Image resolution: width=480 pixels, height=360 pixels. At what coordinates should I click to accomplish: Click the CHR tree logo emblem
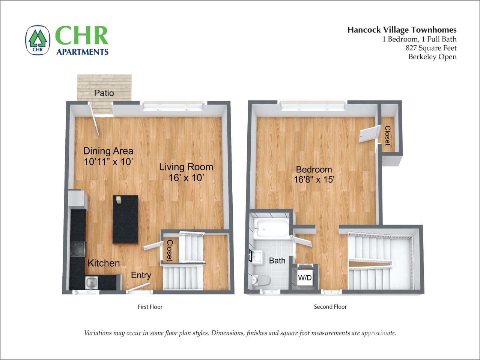(x=38, y=40)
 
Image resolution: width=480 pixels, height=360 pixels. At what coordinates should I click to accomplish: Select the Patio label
(x=104, y=93)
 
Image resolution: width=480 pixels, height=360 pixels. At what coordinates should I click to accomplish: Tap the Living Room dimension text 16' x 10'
(x=186, y=178)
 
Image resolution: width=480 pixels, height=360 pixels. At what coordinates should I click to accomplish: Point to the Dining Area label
(x=108, y=151)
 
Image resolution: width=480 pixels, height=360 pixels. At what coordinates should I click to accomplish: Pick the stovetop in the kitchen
(x=78, y=249)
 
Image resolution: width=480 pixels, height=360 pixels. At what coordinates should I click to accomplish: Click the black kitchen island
(x=125, y=220)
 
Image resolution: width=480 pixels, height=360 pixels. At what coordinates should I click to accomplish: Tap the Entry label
(x=141, y=275)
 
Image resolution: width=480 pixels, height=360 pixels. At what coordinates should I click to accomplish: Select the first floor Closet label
(x=169, y=250)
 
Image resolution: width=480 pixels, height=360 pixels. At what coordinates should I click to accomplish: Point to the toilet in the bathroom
(x=261, y=280)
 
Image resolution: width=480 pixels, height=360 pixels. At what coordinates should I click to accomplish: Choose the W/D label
(x=305, y=278)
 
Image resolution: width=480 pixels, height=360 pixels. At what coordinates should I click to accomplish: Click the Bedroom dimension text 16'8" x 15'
(x=314, y=180)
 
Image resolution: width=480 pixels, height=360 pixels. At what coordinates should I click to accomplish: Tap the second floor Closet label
(x=387, y=135)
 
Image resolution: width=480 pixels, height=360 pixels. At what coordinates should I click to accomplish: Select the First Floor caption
(x=150, y=307)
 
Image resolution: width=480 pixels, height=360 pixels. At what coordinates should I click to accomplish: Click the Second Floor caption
(x=330, y=307)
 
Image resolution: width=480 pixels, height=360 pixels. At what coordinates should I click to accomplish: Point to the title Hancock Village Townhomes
(x=402, y=30)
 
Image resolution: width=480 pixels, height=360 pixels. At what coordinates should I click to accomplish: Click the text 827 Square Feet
(x=431, y=48)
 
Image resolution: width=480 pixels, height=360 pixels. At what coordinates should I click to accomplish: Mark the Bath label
(x=277, y=261)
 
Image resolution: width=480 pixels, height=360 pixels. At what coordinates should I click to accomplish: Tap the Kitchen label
(x=104, y=263)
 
